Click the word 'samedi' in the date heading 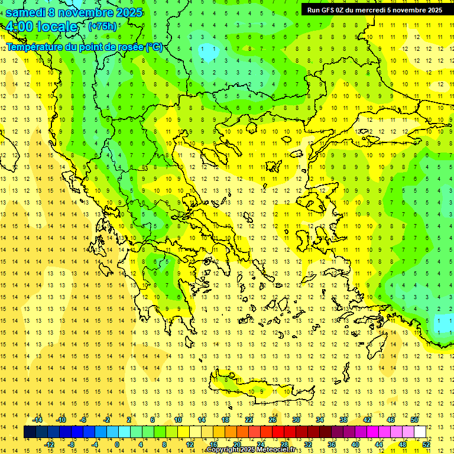coord(25,12)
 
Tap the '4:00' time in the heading coord(19,27)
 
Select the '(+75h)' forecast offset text coord(102,27)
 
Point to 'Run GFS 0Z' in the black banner coord(327,10)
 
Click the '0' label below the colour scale coord(116,444)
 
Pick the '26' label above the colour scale coord(273,420)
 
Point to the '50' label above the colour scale coord(414,420)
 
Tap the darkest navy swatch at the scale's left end coord(30,432)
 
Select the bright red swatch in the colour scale coord(278,432)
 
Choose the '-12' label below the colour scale coord(49,444)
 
